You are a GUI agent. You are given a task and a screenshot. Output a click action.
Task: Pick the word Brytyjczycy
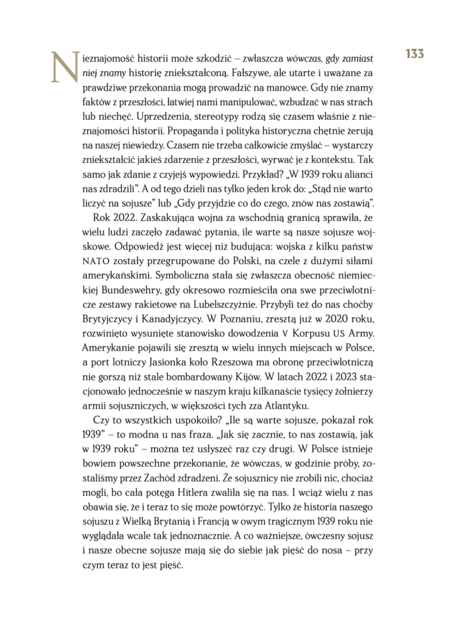point(108,335)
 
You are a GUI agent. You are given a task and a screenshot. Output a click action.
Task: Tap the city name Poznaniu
point(256,335)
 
